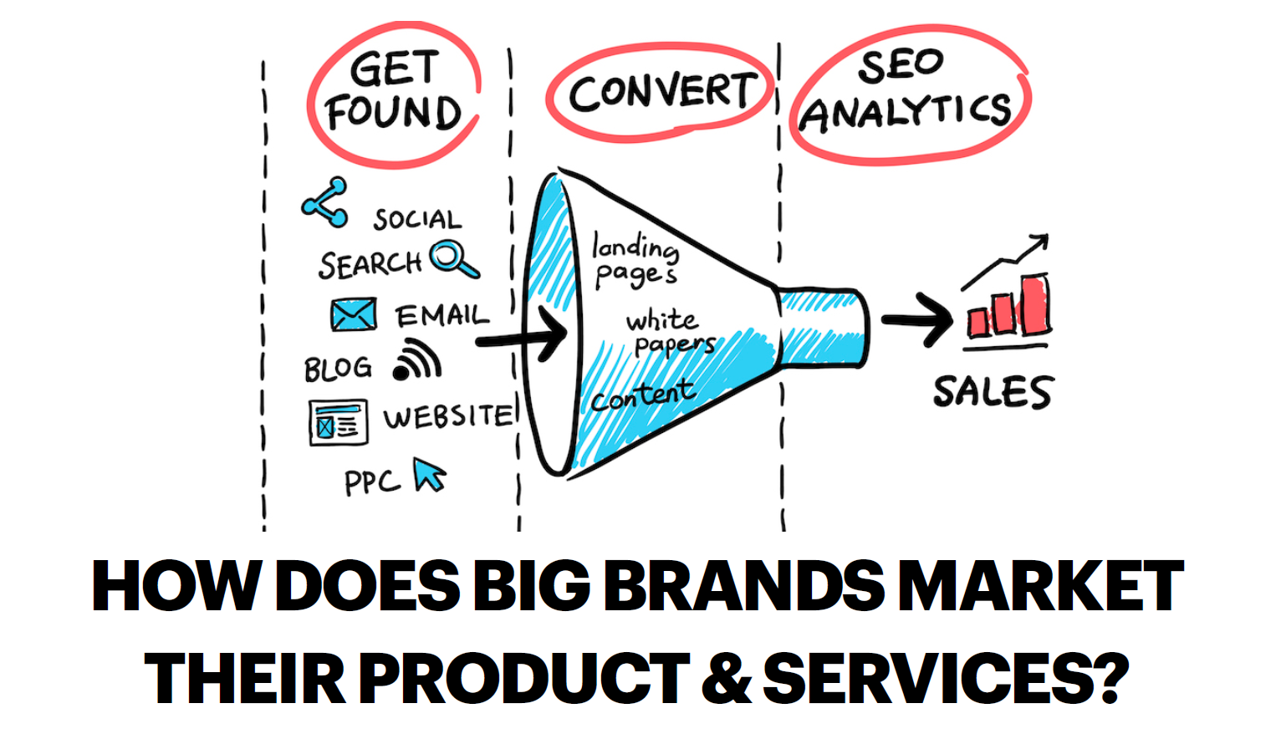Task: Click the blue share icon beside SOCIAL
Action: (324, 202)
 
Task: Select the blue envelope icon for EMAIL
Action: (353, 315)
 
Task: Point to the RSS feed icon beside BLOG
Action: (417, 360)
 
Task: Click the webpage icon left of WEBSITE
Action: (338, 422)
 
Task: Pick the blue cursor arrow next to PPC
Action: (429, 474)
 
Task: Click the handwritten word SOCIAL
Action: (417, 220)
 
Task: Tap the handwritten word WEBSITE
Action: (448, 416)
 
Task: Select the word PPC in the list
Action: (372, 482)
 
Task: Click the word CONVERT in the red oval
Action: (661, 91)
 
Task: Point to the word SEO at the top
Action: (901, 66)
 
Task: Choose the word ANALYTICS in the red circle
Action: (906, 114)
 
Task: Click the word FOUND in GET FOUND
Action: (393, 114)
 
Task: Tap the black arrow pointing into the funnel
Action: (523, 336)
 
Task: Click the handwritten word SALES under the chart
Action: (993, 392)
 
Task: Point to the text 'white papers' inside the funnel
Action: (669, 332)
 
